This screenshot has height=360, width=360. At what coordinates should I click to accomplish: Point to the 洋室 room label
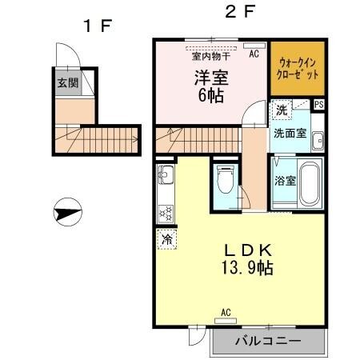(x=210, y=78)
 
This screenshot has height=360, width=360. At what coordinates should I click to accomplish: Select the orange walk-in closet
(x=296, y=67)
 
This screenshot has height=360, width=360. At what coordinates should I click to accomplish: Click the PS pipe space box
(x=319, y=105)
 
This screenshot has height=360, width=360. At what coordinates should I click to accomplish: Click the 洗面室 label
(x=289, y=133)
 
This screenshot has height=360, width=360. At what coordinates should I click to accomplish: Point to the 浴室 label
(x=286, y=180)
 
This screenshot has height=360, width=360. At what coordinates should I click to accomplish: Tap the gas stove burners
(x=166, y=213)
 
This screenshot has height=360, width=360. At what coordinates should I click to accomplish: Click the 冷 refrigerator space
(x=167, y=238)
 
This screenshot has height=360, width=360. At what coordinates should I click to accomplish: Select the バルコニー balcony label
(x=268, y=341)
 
